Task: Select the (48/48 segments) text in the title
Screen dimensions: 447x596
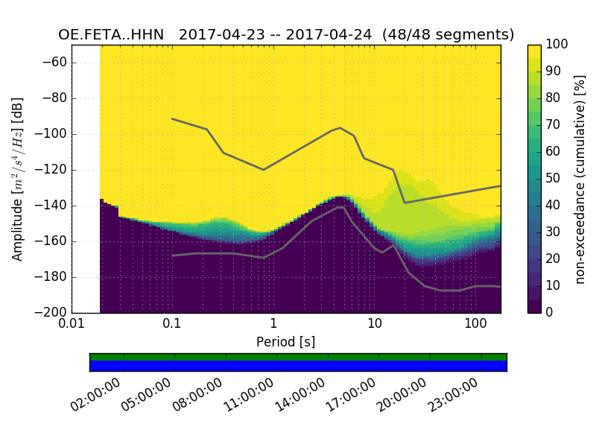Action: pyautogui.click(x=448, y=35)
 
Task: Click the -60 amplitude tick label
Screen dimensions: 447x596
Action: pyautogui.click(x=57, y=63)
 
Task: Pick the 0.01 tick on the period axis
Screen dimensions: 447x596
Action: pyautogui.click(x=72, y=325)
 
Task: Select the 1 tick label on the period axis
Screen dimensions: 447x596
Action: pyautogui.click(x=273, y=325)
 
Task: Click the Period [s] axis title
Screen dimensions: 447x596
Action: pyautogui.click(x=285, y=341)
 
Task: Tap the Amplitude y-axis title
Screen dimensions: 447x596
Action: pyautogui.click(x=17, y=179)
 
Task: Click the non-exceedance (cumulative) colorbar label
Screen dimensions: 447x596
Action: pyautogui.click(x=581, y=179)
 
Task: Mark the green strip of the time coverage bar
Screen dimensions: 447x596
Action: pyautogui.click(x=298, y=357)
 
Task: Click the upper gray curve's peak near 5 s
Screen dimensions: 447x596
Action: pyautogui.click(x=340, y=127)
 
